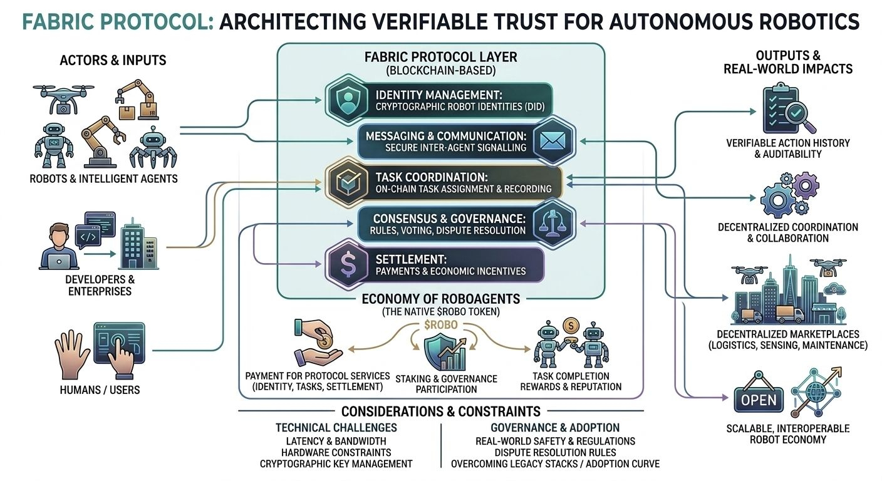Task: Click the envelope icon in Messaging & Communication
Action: tap(553, 141)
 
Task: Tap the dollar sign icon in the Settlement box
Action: tap(346, 265)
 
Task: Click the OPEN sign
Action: tap(759, 400)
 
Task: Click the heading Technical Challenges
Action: tap(336, 428)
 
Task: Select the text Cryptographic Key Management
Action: tap(336, 464)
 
